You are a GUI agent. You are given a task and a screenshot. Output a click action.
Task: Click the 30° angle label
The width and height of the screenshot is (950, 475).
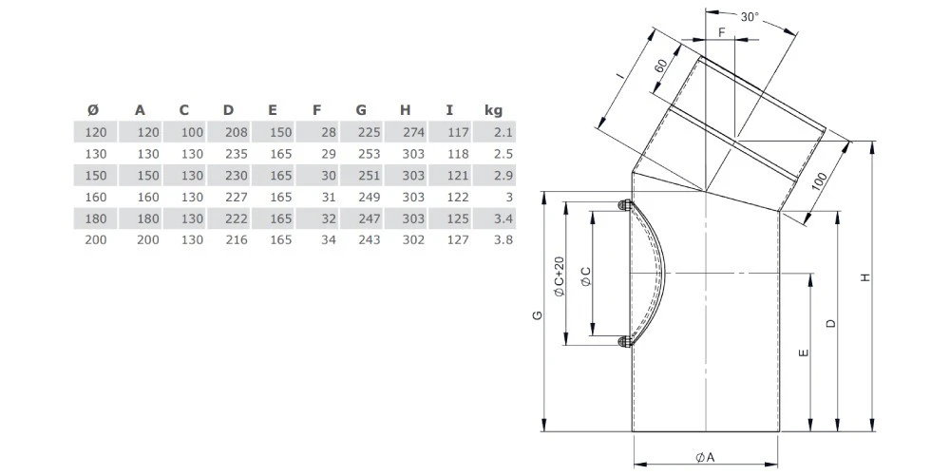750,17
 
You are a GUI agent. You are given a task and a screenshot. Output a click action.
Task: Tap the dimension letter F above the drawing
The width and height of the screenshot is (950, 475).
722,32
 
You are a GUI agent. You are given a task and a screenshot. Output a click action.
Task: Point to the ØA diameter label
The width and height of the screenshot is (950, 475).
705,457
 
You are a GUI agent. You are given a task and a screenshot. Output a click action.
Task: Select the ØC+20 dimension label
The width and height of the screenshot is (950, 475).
559,276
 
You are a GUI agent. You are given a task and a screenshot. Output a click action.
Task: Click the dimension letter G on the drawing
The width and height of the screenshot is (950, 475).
538,315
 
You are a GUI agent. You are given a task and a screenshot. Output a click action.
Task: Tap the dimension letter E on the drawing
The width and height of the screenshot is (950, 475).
804,352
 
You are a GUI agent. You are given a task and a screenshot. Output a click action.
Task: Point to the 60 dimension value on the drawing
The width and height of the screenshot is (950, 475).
659,66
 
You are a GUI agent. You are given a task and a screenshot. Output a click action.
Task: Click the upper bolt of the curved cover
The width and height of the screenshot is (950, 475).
623,206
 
